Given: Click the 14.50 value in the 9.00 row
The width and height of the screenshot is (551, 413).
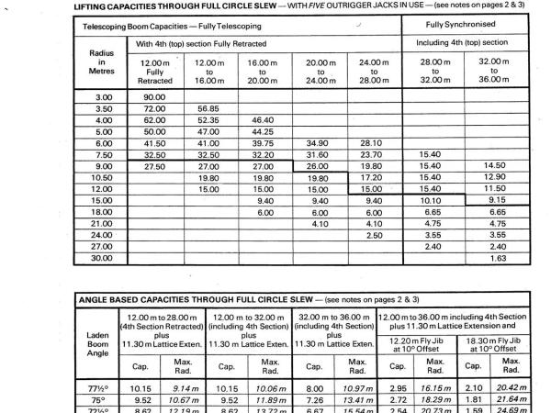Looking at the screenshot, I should pos(494,166).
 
